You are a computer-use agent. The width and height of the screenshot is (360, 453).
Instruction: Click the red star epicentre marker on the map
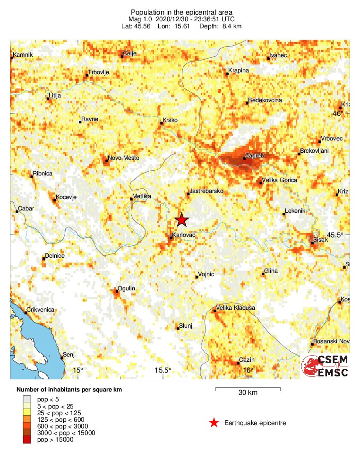[182, 220]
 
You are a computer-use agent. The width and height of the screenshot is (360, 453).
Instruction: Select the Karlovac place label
[184, 234]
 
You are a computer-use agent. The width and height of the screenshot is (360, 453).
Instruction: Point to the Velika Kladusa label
[235, 308]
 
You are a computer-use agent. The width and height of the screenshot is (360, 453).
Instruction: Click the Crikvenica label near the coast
[40, 309]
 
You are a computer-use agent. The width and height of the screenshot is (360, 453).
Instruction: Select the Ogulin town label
[127, 288]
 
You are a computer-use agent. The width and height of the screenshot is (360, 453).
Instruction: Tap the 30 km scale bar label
[248, 393]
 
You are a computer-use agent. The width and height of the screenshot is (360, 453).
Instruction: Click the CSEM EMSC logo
[326, 366]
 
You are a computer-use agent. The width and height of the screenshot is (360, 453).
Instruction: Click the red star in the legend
[214, 423]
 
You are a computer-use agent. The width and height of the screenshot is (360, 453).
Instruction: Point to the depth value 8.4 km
[231, 26]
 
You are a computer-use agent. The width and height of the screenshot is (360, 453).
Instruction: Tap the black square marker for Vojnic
[197, 277]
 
